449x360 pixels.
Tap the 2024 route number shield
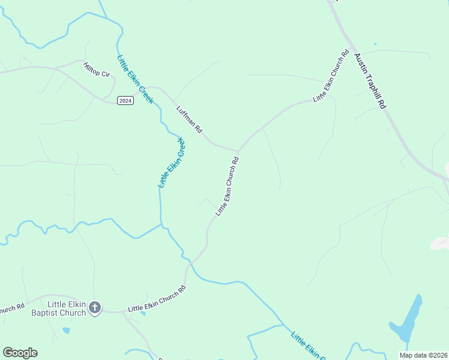(x=125, y=100)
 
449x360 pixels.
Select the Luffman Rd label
(x=190, y=119)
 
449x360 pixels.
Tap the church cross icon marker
(x=94, y=308)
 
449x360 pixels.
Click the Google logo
(x=20, y=353)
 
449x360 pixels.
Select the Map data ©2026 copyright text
(x=423, y=355)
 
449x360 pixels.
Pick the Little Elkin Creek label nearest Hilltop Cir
(x=136, y=79)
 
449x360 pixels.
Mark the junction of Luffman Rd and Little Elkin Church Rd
(x=238, y=150)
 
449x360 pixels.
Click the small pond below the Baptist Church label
(x=65, y=330)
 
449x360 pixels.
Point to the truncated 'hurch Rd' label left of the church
(x=12, y=309)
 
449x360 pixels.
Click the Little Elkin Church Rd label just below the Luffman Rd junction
(x=228, y=186)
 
